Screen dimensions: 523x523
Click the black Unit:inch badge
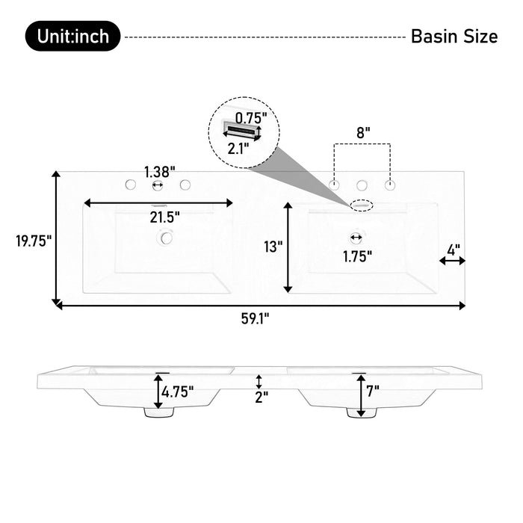coord(72,36)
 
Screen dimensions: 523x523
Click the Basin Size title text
coord(454,37)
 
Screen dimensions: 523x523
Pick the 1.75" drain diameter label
coord(358,256)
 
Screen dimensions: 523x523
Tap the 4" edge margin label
coord(452,247)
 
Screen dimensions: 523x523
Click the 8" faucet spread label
coord(362,132)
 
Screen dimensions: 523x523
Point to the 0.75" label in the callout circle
coord(250,117)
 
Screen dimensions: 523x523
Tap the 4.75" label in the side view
coord(179,391)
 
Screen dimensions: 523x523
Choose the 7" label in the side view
coord(373,389)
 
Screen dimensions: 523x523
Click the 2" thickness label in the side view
coord(261,397)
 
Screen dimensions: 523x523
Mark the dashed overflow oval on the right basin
coord(362,202)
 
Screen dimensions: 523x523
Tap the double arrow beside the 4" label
coord(452,261)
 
